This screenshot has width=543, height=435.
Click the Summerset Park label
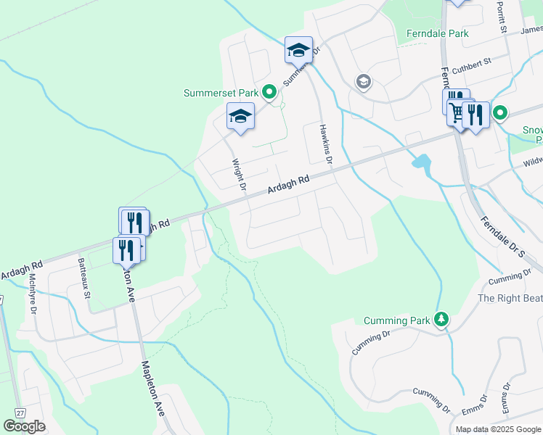coord(221,93)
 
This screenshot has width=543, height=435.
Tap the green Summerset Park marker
coord(269,92)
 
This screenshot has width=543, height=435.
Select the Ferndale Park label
coord(437,33)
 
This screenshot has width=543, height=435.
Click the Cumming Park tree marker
coord(441,320)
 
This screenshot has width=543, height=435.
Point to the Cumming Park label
coord(397,320)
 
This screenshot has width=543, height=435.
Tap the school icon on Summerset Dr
coord(298,50)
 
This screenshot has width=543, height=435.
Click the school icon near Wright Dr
coord(241,116)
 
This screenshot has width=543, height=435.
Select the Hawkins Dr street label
coord(324,144)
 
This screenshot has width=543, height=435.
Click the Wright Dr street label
coord(239,175)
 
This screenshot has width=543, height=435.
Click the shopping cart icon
coord(457,113)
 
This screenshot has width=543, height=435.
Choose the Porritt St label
coord(501,17)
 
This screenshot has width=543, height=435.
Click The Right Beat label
coord(510,298)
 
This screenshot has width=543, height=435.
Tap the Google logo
coord(24,426)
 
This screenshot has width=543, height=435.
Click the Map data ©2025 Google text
coord(497,429)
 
